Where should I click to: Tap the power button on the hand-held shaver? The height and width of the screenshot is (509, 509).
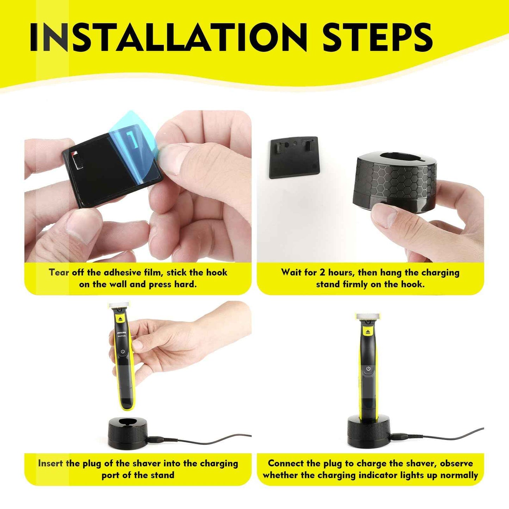tap(123, 351)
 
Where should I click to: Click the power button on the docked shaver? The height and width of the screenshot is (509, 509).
tap(368, 369)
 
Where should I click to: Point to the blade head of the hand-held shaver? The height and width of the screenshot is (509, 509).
tap(119, 305)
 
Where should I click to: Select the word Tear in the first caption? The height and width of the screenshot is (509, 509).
tap(59, 273)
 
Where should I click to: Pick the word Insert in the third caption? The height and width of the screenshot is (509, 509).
tap(51, 464)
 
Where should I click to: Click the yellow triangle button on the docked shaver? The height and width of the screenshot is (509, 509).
tap(368, 331)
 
